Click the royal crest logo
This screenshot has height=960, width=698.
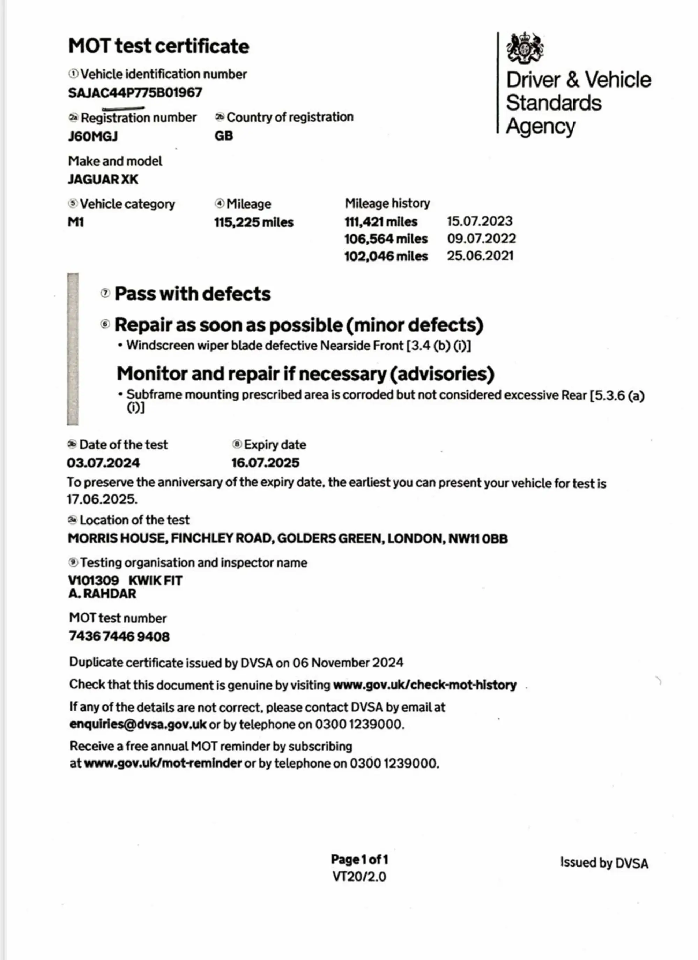click(525, 48)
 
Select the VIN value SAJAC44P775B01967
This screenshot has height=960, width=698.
click(135, 93)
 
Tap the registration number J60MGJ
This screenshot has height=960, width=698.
click(93, 136)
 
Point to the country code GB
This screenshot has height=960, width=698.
click(224, 136)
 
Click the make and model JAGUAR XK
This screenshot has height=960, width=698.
click(103, 180)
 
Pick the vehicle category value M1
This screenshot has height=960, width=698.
click(76, 222)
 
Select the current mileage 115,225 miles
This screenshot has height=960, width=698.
click(253, 222)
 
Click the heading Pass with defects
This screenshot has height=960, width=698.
click(192, 294)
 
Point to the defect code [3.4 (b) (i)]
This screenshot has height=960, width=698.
click(438, 346)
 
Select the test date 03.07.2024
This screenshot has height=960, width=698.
click(103, 463)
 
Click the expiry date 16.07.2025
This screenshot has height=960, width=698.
click(265, 463)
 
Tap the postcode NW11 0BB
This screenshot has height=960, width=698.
click(478, 538)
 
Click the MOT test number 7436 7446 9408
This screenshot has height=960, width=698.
click(119, 637)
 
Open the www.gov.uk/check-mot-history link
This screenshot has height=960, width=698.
click(424, 685)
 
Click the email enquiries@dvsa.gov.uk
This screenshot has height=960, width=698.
click(138, 724)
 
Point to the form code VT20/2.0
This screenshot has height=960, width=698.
click(359, 877)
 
